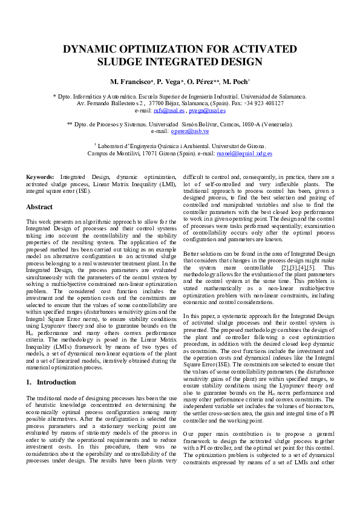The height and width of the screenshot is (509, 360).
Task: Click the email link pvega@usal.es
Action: point(207,111)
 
